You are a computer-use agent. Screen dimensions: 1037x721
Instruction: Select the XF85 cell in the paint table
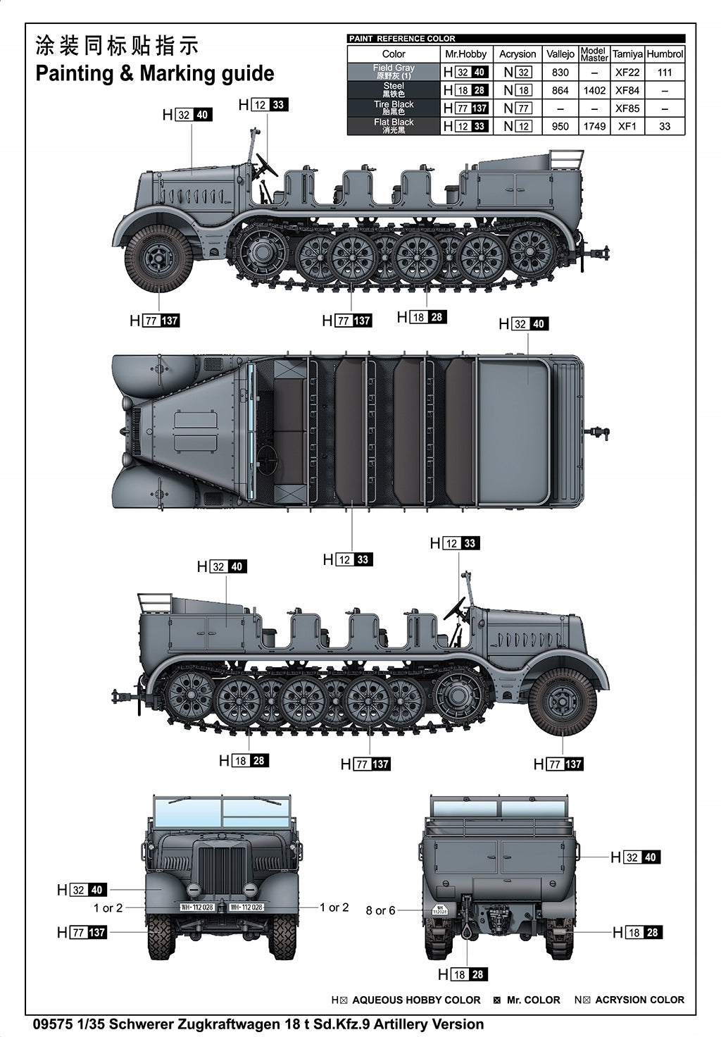627,108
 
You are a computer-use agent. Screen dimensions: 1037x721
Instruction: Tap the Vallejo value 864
560,90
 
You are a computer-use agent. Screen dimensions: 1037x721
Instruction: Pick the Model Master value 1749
594,127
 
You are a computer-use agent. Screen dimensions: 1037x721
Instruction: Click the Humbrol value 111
665,73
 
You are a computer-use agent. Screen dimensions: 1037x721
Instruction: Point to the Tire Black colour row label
394,108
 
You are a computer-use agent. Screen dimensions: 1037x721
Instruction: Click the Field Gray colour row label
394,71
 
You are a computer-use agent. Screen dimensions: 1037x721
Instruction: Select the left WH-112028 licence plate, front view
197,907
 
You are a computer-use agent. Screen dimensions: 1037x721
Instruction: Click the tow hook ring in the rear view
465,932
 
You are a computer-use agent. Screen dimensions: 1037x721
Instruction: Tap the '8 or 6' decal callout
380,910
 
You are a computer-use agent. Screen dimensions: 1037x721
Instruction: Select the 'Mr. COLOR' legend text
533,1000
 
